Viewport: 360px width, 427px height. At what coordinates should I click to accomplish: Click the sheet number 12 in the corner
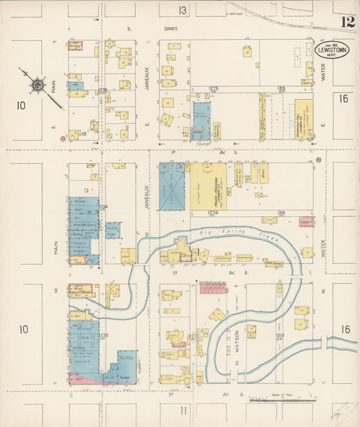pos(347,22)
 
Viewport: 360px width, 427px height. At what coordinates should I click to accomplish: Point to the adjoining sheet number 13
pos(182,10)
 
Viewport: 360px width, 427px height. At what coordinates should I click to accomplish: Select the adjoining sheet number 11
pos(182,410)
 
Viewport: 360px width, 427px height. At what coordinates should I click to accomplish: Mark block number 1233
pos(103,335)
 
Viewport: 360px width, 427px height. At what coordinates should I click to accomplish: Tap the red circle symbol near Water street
pos(317,160)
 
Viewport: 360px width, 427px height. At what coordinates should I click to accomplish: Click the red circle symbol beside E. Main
pos(63,139)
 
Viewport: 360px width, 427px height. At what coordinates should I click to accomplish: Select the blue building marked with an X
pos(172,186)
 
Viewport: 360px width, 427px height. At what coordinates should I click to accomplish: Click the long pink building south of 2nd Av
pos(213,289)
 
